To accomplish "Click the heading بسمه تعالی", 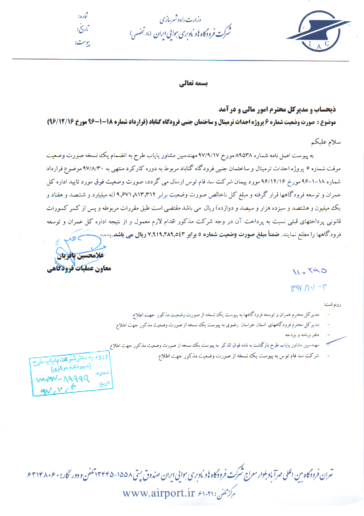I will coord(189,83).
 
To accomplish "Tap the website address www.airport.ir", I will coord(159,492).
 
